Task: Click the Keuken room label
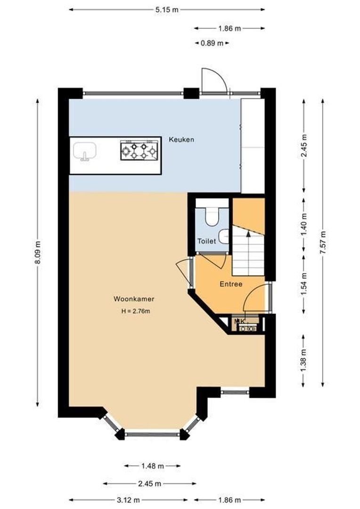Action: (x=181, y=140)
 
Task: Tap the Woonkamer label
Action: (x=134, y=299)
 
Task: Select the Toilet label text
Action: (x=206, y=241)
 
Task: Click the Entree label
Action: (x=231, y=284)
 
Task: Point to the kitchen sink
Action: (x=85, y=152)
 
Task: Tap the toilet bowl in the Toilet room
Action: (x=212, y=217)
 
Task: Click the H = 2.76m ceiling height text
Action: (x=135, y=311)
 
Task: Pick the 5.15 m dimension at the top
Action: (x=167, y=9)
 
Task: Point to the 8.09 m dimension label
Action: (x=38, y=253)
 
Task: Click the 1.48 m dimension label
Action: (x=152, y=466)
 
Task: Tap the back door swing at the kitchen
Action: (x=213, y=80)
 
